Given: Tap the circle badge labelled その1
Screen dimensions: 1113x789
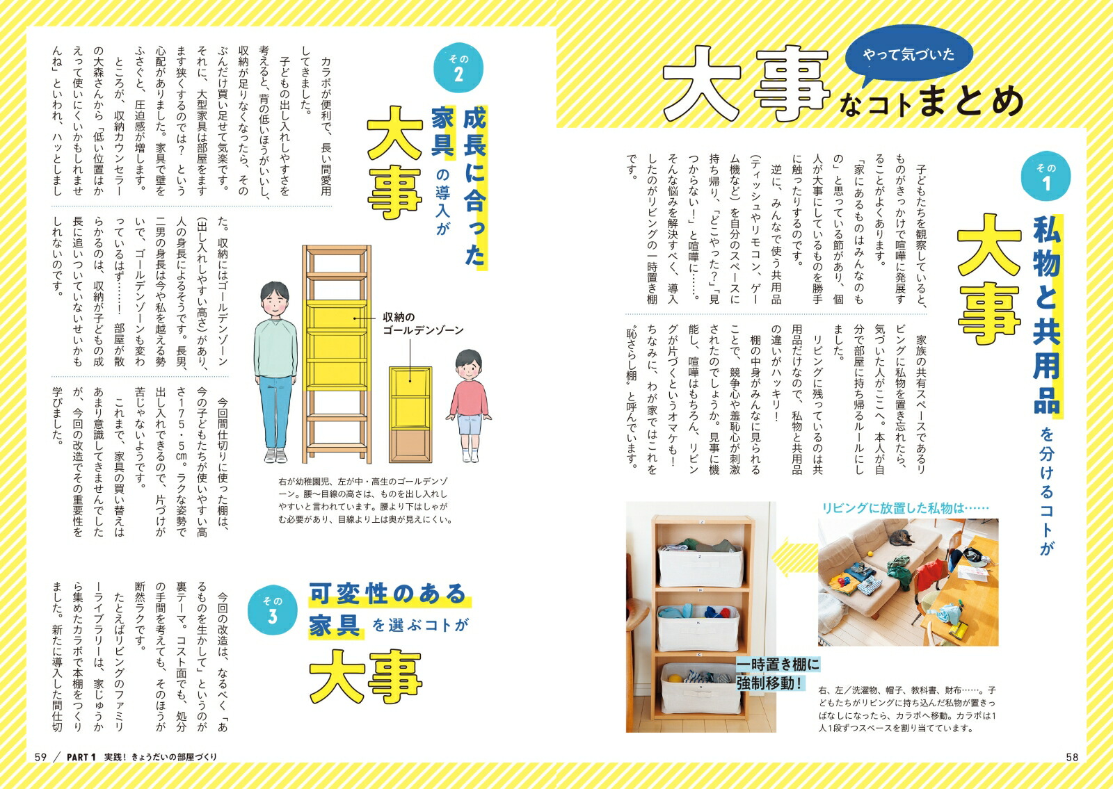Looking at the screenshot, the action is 1046,177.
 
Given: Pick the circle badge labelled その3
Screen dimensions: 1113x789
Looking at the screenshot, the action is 272,610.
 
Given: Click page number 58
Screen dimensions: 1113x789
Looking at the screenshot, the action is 1072,757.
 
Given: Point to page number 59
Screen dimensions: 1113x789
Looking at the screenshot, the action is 40,757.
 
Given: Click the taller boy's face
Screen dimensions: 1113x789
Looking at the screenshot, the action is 274,302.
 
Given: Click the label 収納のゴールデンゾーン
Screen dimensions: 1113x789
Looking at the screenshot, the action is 422,323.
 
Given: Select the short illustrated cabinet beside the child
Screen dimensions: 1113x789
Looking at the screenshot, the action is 410,414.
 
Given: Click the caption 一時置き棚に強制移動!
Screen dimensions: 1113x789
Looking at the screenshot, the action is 778,674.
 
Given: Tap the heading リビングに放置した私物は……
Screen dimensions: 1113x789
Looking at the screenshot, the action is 906,507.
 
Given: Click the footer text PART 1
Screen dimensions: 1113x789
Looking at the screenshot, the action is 81,757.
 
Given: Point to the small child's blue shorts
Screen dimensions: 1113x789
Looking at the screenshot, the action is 470,425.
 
